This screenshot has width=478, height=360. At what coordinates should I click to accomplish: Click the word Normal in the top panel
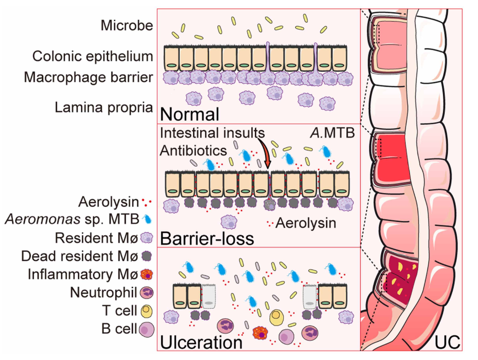(190, 115)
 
